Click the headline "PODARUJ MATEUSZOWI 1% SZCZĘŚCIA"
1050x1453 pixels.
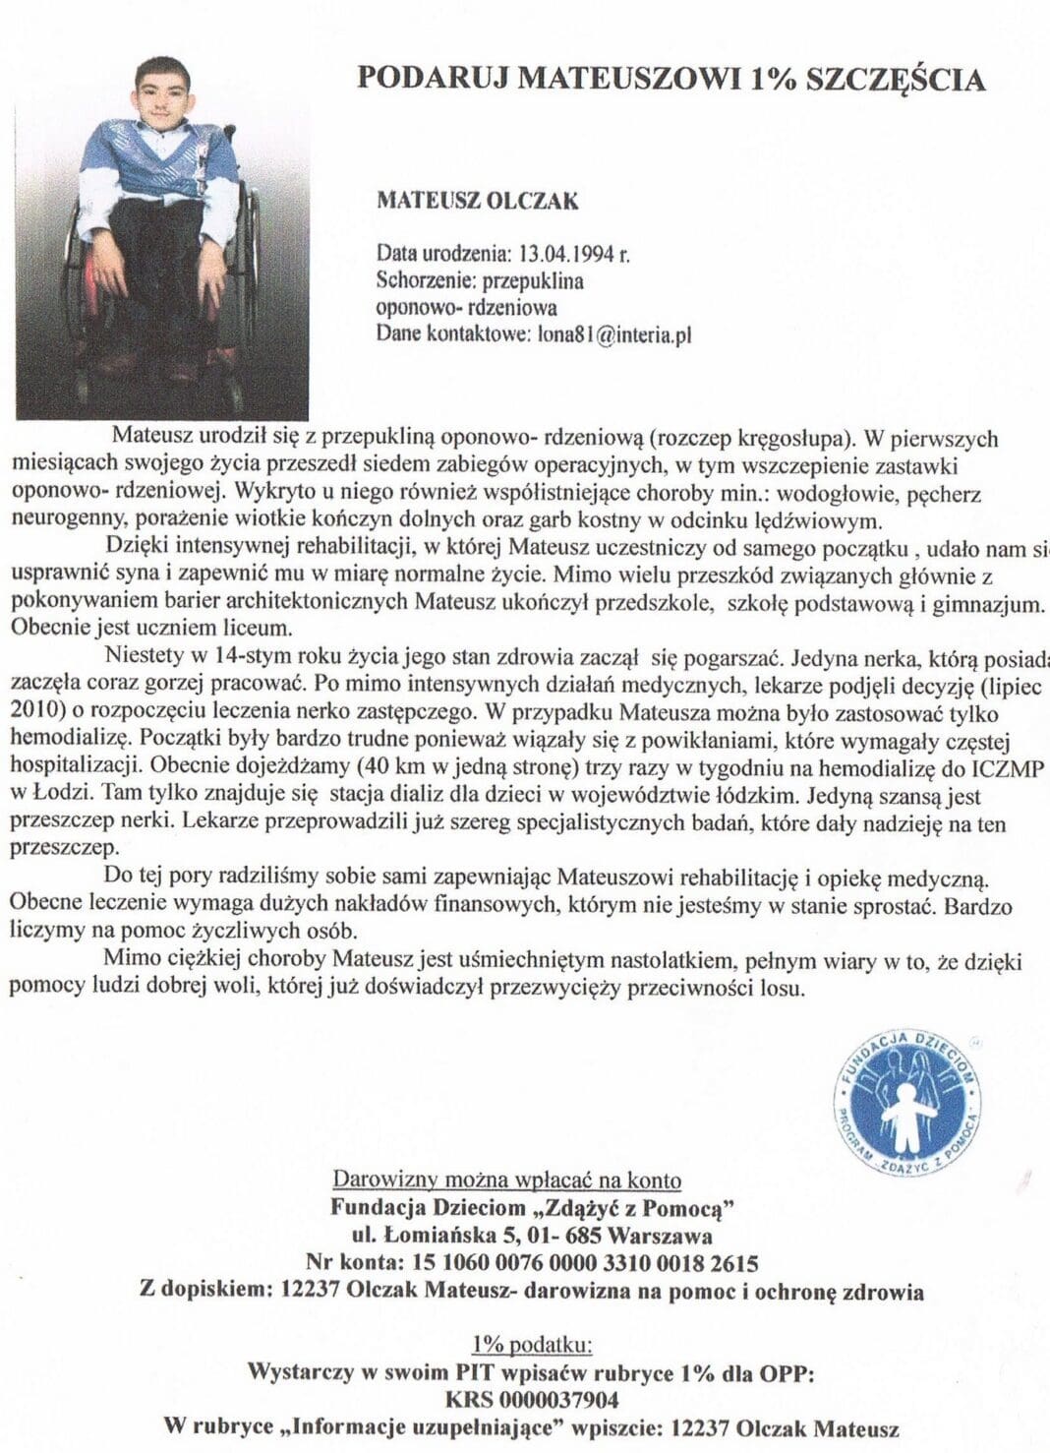671,78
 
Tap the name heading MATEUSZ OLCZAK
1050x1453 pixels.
478,201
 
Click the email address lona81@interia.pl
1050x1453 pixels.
613,333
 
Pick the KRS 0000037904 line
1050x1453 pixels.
532,1399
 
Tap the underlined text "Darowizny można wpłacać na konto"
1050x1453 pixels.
506,1180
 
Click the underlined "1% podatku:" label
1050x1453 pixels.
531,1345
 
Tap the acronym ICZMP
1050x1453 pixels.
1013,766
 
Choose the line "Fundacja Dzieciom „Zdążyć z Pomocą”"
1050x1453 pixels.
534,1208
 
